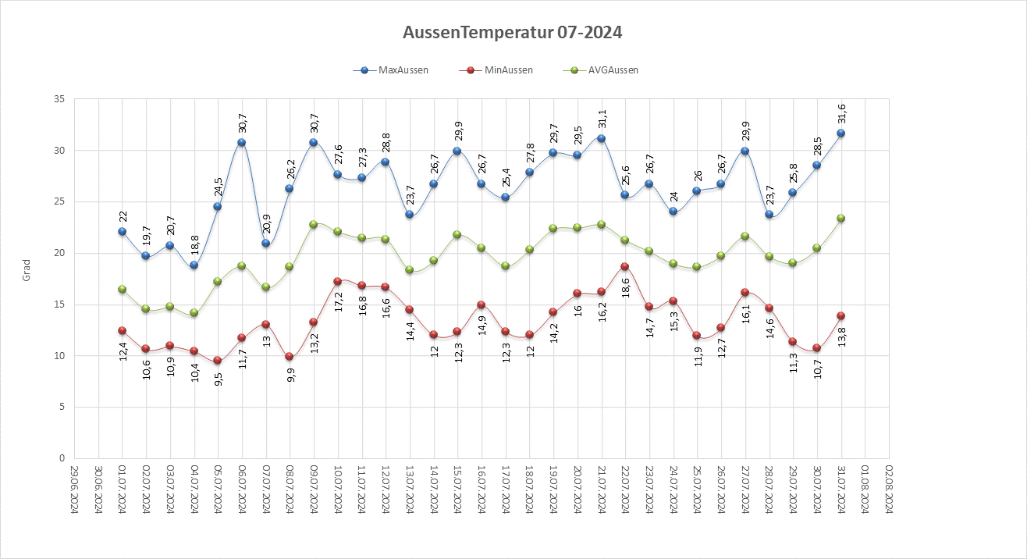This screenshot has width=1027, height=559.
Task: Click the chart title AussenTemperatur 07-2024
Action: tap(513, 33)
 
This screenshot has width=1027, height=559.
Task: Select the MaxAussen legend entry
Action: tap(403, 70)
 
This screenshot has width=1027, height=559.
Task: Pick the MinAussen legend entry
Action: tap(506, 70)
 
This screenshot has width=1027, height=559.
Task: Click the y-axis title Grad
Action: tap(26, 270)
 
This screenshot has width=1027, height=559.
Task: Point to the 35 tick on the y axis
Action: tap(59, 99)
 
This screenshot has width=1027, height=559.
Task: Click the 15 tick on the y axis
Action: tap(59, 304)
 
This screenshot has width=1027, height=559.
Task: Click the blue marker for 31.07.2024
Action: tap(841, 134)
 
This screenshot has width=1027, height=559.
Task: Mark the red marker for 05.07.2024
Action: tap(218, 361)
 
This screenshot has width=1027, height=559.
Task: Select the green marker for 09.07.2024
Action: tap(314, 224)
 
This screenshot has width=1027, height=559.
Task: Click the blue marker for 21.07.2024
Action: tap(602, 138)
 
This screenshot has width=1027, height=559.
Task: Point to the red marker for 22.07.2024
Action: tap(625, 266)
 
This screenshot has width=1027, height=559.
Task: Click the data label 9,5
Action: tap(218, 379)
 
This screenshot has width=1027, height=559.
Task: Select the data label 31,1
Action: tap(602, 118)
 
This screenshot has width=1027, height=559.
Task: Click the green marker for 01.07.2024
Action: tap(122, 289)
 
